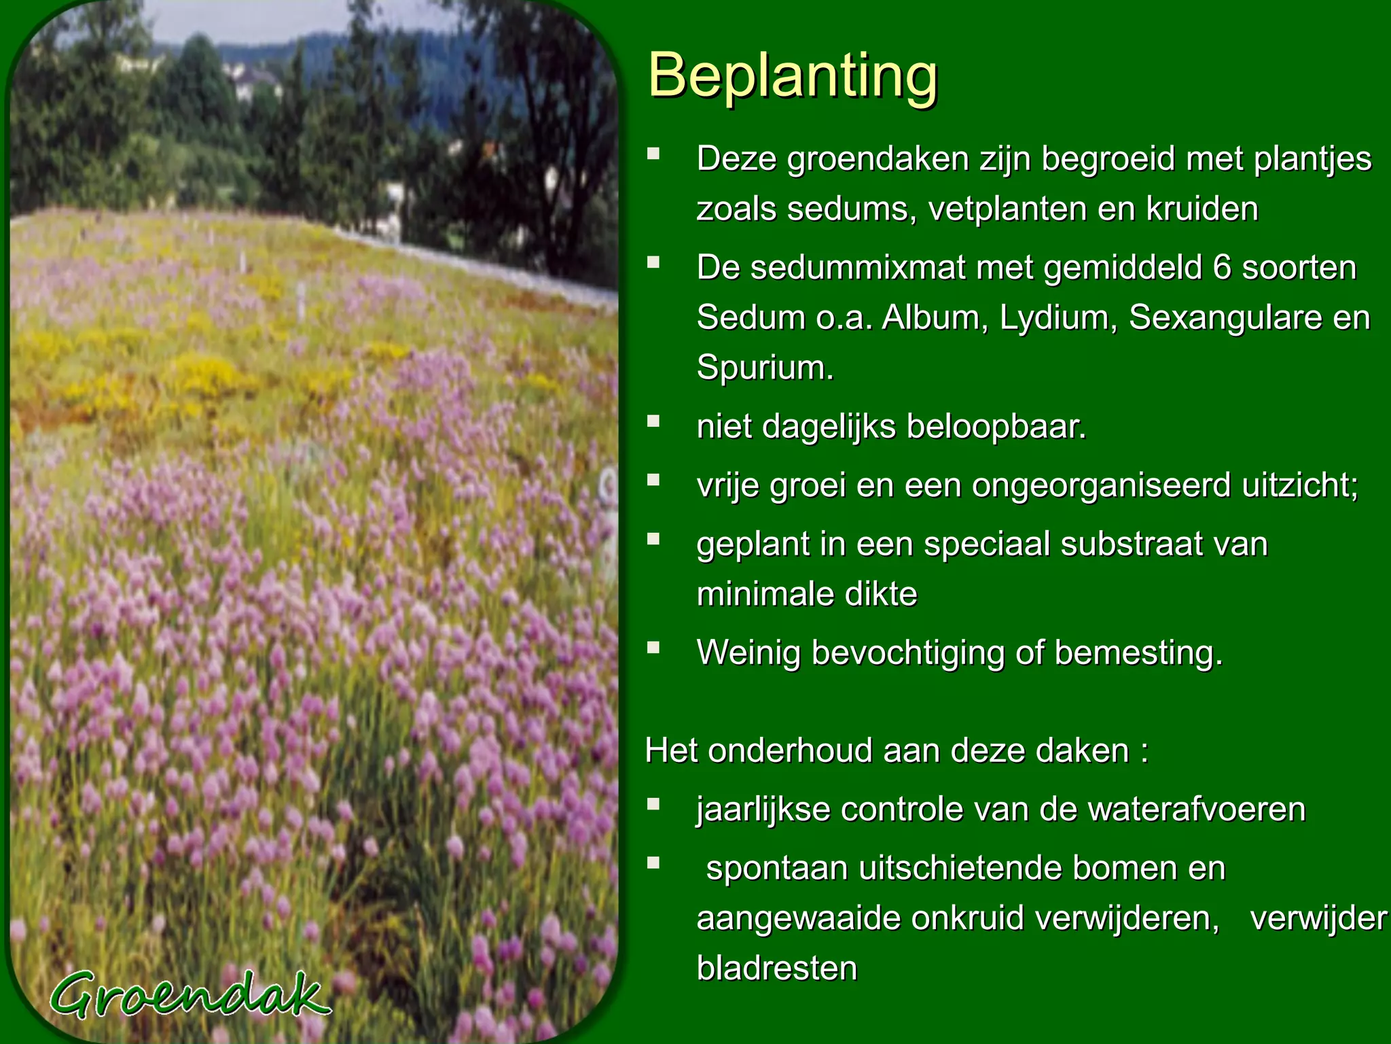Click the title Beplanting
[793, 76]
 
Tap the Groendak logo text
[189, 996]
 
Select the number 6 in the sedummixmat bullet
[1222, 268]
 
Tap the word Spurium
[764, 368]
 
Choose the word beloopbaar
[996, 427]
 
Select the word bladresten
[777, 968]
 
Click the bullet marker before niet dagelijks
[653, 421]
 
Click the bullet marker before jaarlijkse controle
[653, 805]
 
